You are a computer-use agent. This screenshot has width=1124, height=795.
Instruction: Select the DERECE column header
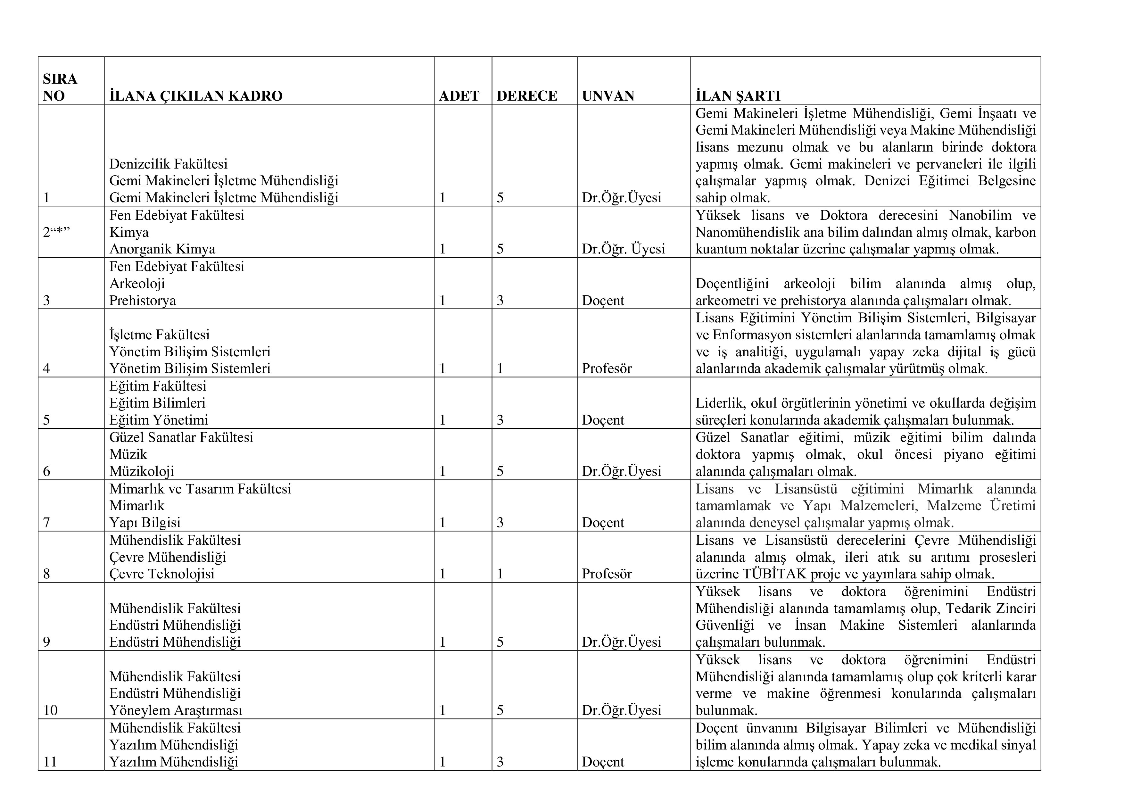tap(527, 95)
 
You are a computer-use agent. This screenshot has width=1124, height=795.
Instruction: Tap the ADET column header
tap(459, 95)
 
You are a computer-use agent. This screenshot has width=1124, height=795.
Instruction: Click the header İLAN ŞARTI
tap(738, 95)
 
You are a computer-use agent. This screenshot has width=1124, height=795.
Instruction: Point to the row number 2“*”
tap(56, 232)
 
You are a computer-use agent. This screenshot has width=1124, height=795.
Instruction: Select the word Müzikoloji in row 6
tap(142, 471)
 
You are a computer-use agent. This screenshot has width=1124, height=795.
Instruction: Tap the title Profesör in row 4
tap(607, 368)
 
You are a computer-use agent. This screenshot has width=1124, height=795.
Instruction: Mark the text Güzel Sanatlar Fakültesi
tap(181, 437)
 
